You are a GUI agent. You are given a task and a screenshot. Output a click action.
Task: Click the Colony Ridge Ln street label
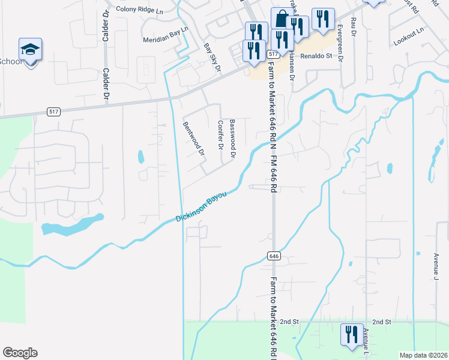(139, 10)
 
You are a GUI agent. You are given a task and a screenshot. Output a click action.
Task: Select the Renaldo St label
(316, 55)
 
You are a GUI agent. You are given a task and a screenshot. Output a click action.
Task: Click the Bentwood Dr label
(194, 139)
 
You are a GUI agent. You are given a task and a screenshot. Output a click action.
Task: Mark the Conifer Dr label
(220, 136)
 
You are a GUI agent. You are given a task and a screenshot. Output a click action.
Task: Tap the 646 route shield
(274, 256)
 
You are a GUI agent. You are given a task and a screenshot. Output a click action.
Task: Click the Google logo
(20, 353)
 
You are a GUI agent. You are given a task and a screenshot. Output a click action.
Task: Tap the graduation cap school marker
(30, 50)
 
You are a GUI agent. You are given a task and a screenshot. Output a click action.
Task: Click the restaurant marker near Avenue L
(351, 334)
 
